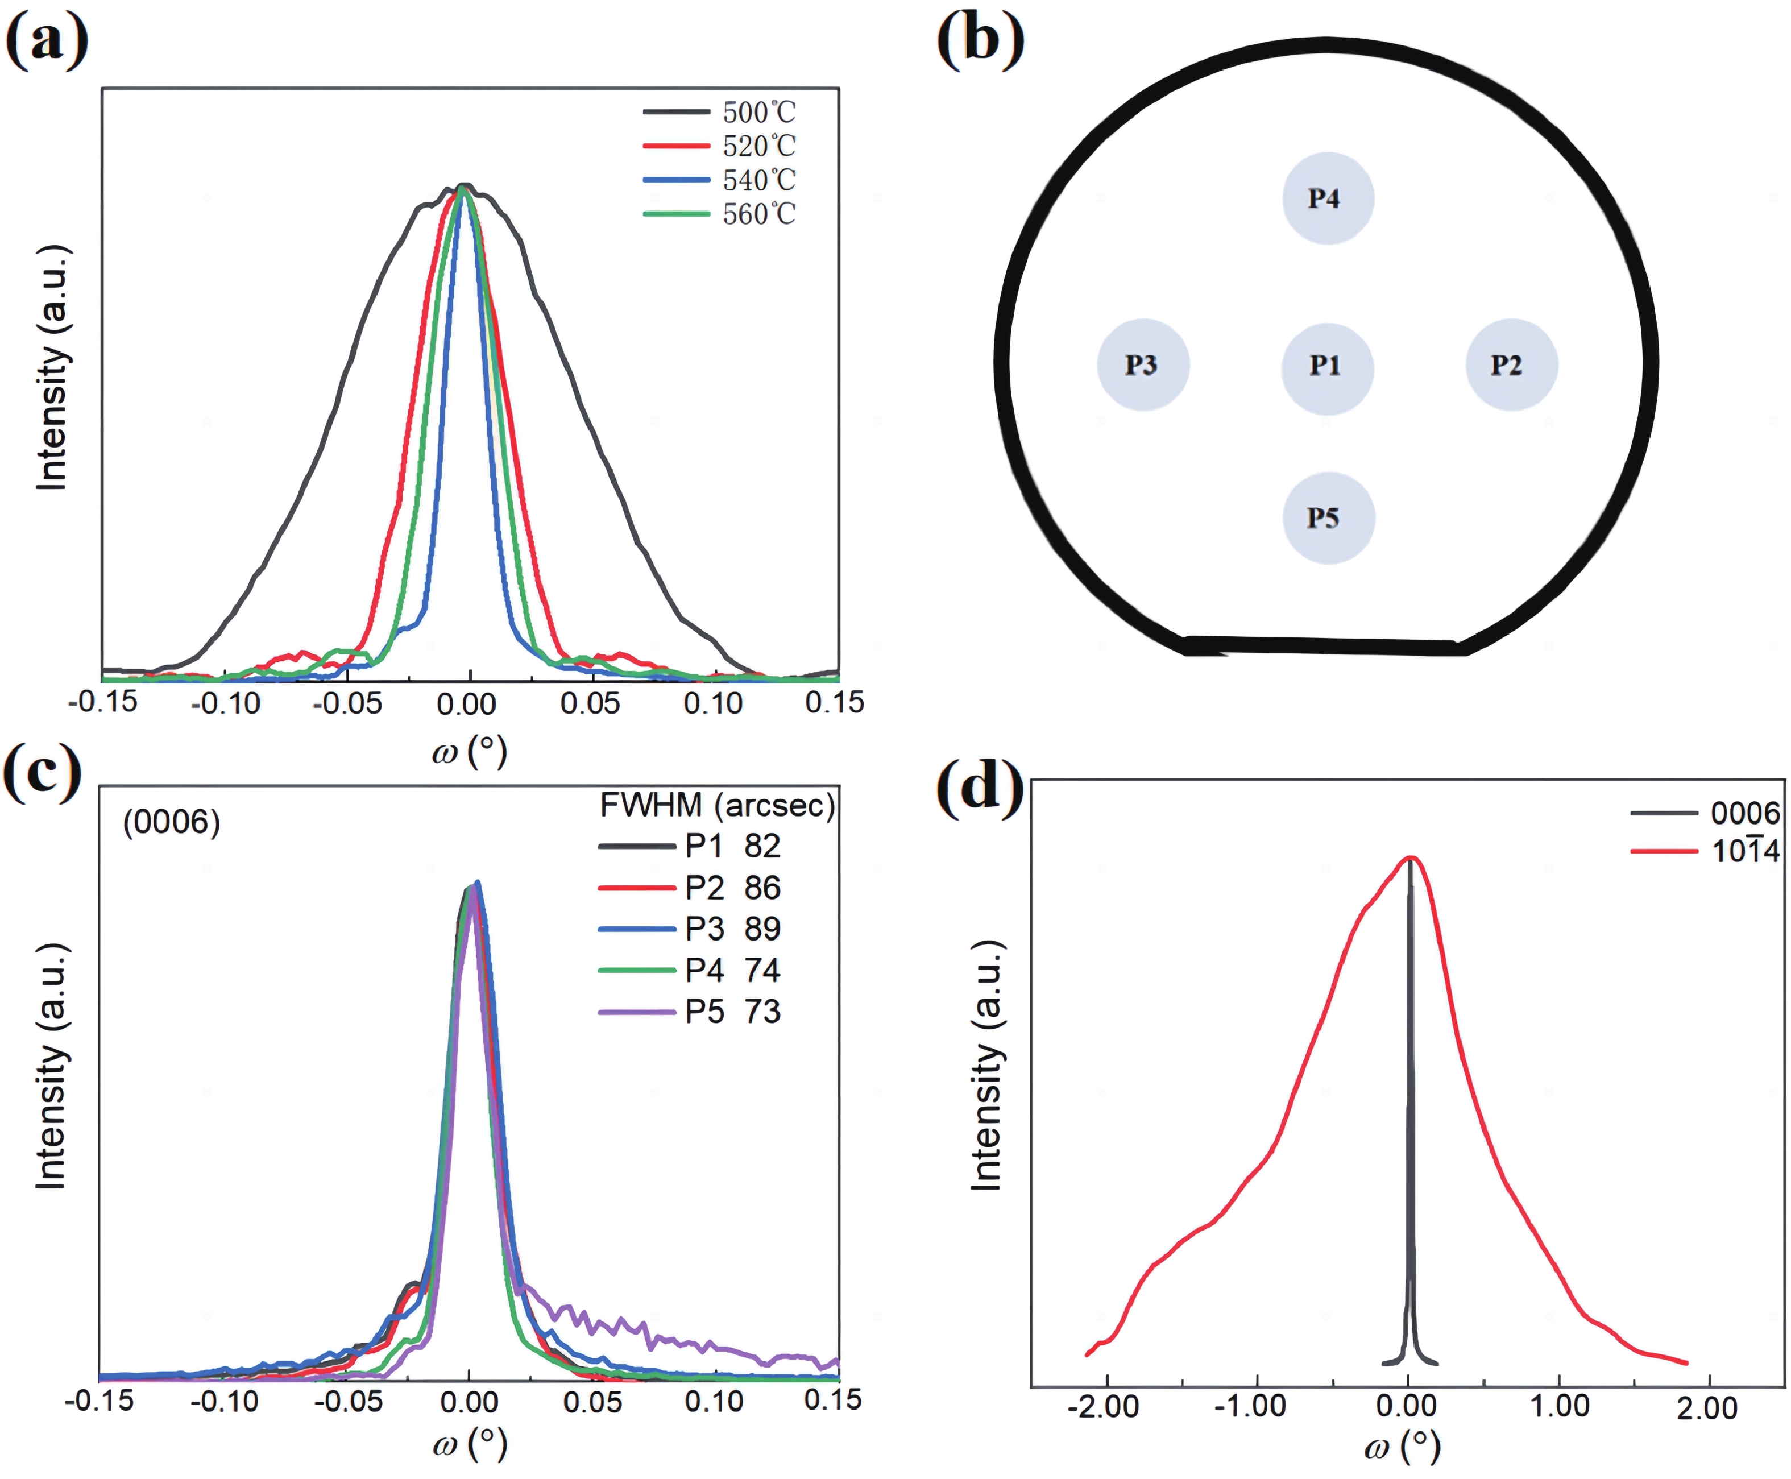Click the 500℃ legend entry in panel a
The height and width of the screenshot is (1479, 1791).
click(x=758, y=111)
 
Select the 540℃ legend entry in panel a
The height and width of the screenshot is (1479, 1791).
click(x=758, y=180)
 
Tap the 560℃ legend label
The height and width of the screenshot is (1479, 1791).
click(x=758, y=214)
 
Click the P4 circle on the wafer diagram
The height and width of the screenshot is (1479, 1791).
click(x=1327, y=198)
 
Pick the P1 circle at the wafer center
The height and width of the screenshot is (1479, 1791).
click(x=1327, y=366)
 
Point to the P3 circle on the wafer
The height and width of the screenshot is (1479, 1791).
click(x=1143, y=366)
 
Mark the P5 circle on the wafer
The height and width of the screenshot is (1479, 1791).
click(x=1327, y=518)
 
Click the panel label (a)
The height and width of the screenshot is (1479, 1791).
click(x=47, y=41)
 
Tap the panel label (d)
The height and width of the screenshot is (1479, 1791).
click(x=980, y=785)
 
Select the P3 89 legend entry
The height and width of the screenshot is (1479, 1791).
click(x=732, y=929)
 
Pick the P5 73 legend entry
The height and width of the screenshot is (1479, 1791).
click(x=732, y=1011)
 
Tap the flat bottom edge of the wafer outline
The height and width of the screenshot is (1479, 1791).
click(x=1324, y=646)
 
